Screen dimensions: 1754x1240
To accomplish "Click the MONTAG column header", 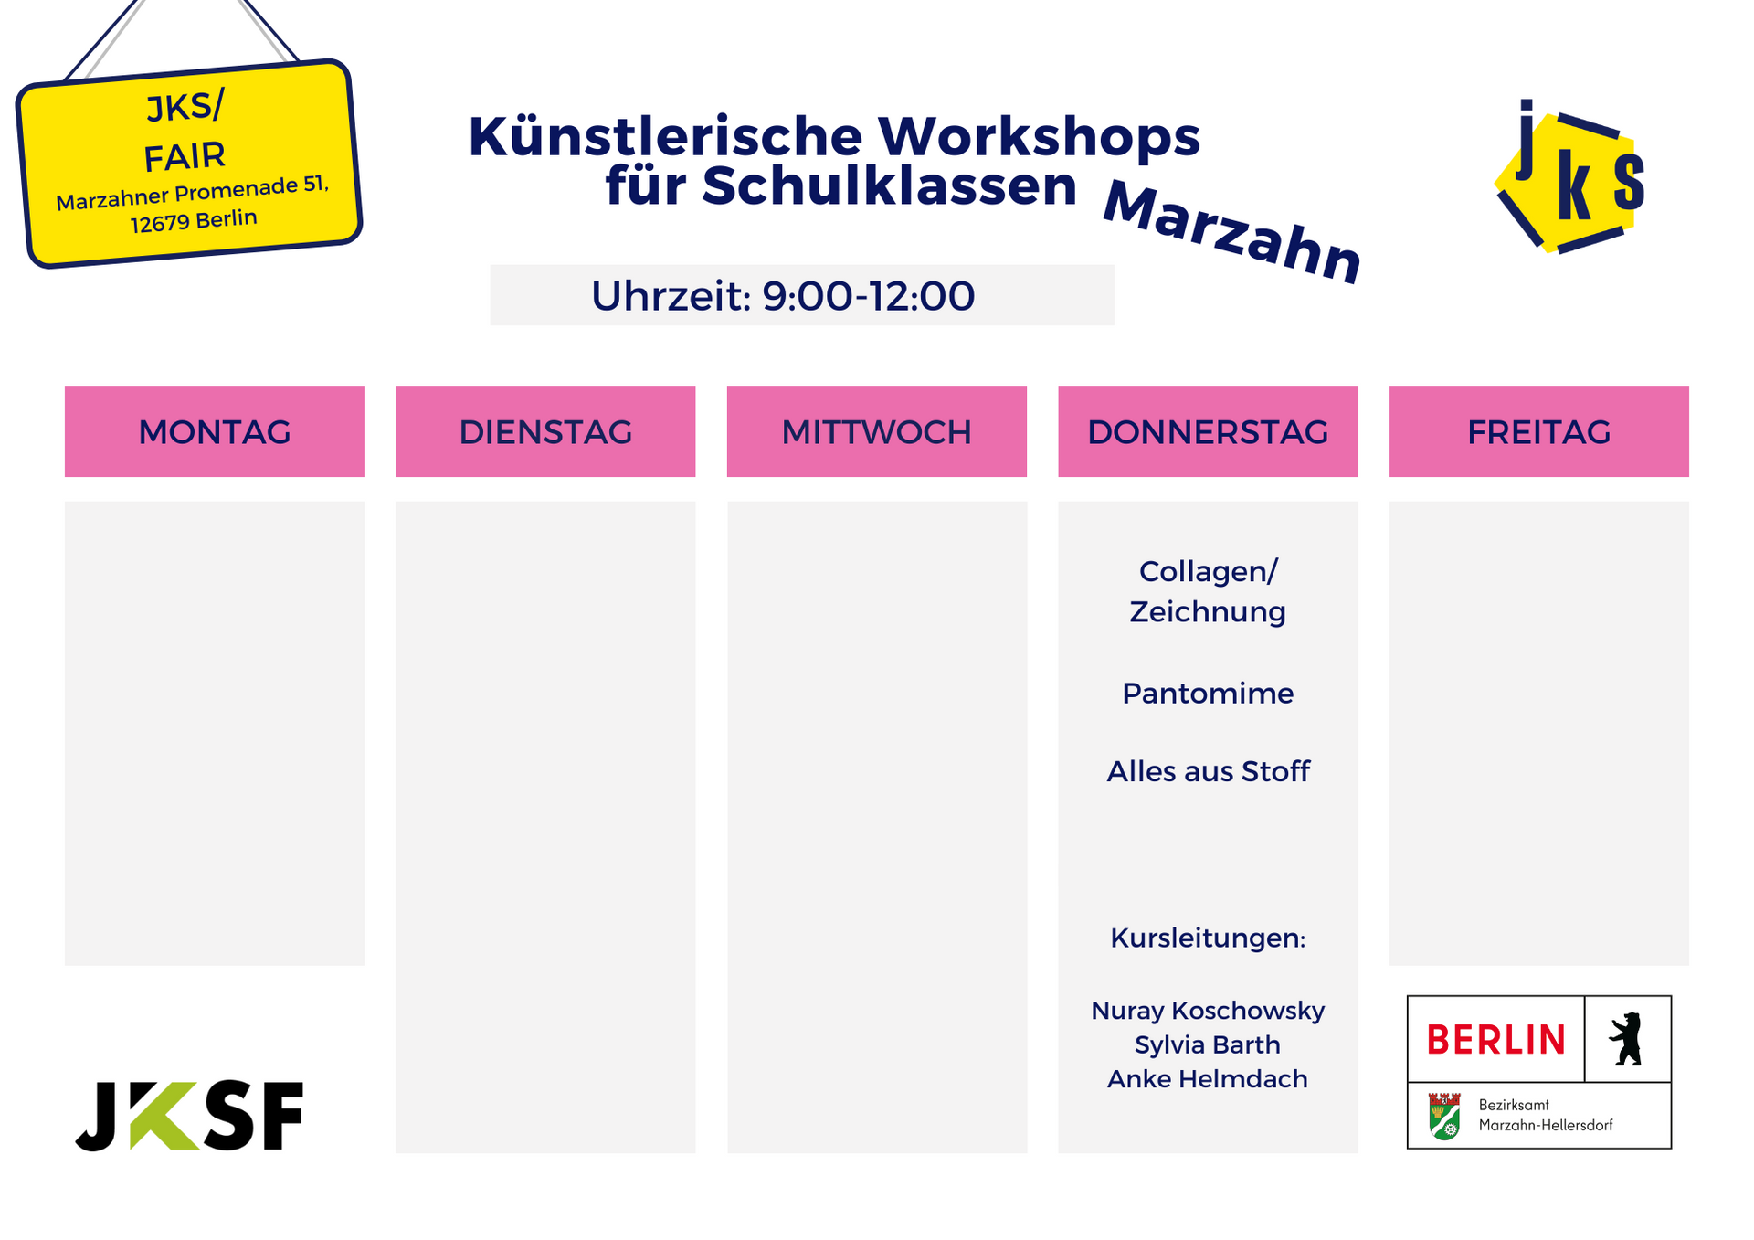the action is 215,431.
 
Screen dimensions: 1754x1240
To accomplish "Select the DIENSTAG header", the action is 545,431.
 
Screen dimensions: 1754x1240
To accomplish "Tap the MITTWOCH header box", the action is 877,431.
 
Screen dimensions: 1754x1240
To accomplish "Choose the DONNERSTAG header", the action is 1208,431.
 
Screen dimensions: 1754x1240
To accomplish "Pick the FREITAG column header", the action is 1539,431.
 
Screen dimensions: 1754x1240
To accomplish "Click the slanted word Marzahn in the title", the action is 1232,232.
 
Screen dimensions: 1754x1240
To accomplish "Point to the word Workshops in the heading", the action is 1039,137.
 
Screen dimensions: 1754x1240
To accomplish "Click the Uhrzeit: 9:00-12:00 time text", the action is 783,296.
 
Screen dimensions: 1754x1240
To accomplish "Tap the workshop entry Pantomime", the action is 1208,694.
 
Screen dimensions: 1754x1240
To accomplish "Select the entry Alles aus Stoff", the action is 1208,771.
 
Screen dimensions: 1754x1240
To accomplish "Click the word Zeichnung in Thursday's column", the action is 1208,612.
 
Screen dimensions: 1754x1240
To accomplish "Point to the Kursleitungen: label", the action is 1208,938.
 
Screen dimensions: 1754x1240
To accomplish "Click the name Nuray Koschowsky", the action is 1208,1011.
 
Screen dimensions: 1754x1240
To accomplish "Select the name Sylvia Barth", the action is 1208,1044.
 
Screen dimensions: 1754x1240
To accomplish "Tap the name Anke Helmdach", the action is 1208,1079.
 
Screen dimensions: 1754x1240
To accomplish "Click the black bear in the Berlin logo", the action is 1626,1039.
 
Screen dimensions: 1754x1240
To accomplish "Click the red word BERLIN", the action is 1495,1040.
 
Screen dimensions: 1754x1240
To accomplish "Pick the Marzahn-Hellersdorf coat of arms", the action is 1444,1116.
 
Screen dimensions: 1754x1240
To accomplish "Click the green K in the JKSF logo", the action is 164,1116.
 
